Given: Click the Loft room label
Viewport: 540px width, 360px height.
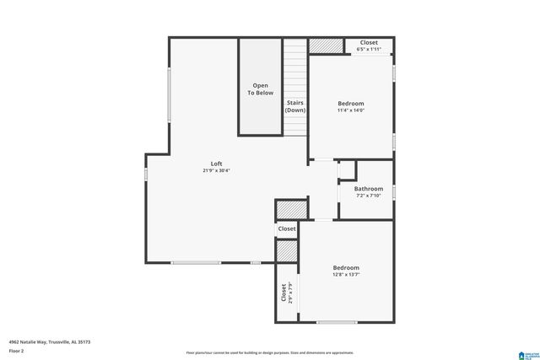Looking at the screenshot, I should pos(216,163).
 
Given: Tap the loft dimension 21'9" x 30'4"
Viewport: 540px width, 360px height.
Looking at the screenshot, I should pos(216,170).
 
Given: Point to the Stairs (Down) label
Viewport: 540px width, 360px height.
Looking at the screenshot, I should pos(295,106).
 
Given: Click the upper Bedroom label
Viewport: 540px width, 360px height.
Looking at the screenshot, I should pos(350,103).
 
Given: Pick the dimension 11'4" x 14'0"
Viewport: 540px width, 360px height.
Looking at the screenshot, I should pos(350,110).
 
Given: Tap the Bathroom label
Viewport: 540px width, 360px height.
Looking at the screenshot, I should pos(369,189).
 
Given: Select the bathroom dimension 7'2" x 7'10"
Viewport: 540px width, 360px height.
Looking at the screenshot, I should pos(369,196).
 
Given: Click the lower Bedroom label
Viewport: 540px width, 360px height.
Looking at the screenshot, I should pos(346,267).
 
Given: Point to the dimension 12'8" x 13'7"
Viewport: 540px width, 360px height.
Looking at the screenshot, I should pos(346,275).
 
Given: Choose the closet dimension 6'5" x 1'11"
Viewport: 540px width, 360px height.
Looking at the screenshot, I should pos(369,50).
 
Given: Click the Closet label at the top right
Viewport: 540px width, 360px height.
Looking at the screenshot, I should pos(369,42).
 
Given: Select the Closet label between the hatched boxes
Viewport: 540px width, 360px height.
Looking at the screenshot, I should pos(287,228).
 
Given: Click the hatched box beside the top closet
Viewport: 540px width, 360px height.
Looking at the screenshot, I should pos(321,46).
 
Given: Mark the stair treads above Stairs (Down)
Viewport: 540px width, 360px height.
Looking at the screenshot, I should pos(294,67).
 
